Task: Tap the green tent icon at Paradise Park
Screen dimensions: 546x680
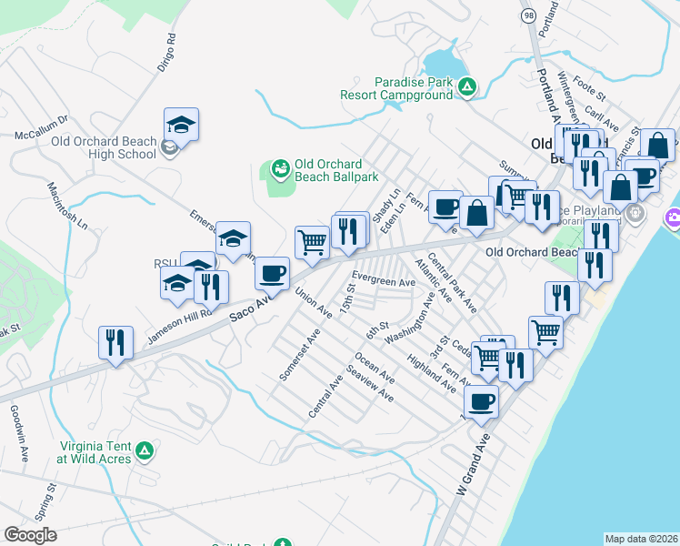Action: point(466,87)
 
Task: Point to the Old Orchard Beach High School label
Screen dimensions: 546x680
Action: point(104,147)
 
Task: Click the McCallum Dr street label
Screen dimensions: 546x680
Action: point(41,126)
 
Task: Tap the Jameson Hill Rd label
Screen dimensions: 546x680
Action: point(179,323)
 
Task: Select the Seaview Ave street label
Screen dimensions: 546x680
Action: point(370,384)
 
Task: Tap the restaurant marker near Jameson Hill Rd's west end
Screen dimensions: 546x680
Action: point(115,343)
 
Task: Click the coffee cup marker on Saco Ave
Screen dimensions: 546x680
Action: point(271,272)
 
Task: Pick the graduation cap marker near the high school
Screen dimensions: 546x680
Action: point(181,125)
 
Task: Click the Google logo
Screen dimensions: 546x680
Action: point(31,535)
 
